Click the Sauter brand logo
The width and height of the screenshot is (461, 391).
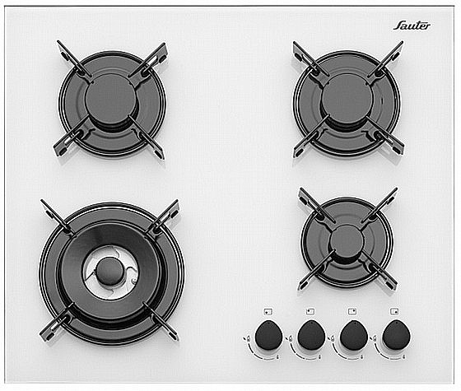(412, 26)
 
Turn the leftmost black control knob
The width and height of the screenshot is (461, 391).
(268, 336)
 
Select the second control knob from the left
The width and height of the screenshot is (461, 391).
(311, 336)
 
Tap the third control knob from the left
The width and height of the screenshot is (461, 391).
(353, 336)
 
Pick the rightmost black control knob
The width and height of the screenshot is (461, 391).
(396, 336)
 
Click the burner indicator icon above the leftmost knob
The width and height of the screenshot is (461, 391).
(268, 312)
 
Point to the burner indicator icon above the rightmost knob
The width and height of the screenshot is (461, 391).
(394, 311)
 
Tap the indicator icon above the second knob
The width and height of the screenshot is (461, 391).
(310, 312)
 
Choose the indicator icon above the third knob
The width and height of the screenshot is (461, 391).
(352, 311)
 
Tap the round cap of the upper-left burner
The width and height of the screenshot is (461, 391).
(111, 99)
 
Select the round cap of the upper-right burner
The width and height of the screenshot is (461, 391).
(347, 98)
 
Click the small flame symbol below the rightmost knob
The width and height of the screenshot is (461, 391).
(405, 357)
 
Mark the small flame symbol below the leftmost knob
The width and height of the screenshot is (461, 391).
(278, 357)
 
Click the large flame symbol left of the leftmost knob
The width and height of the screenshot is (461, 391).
(248, 338)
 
